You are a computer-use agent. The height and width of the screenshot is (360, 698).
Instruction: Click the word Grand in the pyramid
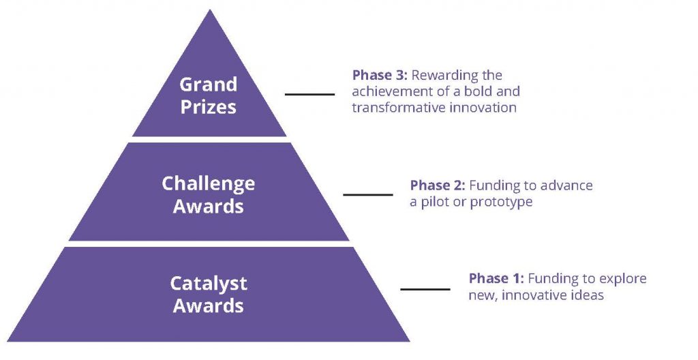pos(209,85)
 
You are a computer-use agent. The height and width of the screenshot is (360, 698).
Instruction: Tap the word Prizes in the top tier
pos(209,107)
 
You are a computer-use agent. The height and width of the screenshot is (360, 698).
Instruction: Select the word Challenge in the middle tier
pos(209,184)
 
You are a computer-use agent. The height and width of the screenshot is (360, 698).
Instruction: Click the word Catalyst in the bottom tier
pos(209,284)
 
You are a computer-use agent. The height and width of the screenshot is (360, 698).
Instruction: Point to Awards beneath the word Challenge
pos(209,207)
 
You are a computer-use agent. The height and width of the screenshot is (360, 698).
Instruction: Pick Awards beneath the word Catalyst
pos(209,306)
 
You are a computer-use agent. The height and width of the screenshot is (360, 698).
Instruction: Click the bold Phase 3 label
pos(380,75)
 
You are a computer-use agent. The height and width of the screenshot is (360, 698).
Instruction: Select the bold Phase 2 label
pos(438,185)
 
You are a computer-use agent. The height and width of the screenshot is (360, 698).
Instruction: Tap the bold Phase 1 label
pos(496,278)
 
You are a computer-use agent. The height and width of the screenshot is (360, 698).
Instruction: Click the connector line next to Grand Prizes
pos(309,94)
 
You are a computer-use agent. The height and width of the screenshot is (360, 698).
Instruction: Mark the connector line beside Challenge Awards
pos(368,194)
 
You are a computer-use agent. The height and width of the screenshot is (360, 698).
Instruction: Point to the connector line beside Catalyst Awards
pos(425,289)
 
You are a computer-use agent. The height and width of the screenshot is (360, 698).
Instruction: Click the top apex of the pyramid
pos(209,10)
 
